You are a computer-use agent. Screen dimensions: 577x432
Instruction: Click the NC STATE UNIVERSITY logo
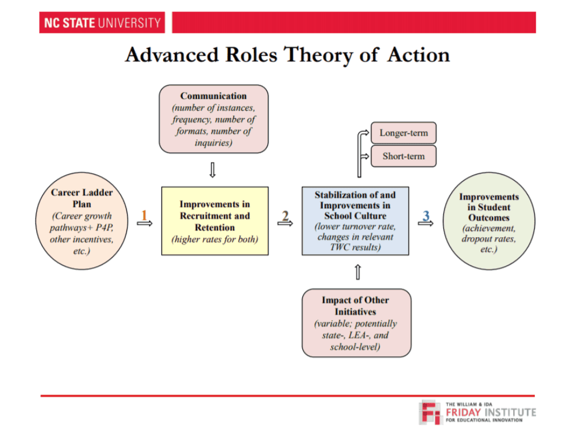pyautogui.click(x=102, y=23)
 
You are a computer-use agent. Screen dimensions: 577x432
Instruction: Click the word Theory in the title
pyautogui.click(x=318, y=55)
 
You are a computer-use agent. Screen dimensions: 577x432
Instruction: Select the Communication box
pyautogui.click(x=213, y=119)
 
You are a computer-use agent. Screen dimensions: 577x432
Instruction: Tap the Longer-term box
pyautogui.click(x=404, y=133)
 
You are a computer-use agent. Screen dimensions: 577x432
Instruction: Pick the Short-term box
pyautogui.click(x=404, y=156)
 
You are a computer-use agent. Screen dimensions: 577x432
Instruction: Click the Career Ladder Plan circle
pyautogui.click(x=82, y=221)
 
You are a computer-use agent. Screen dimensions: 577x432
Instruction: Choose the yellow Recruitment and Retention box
pyautogui.click(x=215, y=221)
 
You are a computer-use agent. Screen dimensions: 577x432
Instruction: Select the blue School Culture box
pyautogui.click(x=355, y=221)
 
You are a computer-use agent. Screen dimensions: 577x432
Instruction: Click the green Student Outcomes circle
pyautogui.click(x=488, y=221)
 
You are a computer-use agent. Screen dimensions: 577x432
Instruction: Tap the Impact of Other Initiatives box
pyautogui.click(x=356, y=323)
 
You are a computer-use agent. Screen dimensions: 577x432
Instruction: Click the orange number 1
pyautogui.click(x=144, y=215)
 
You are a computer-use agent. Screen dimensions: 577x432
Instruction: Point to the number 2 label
pyautogui.click(x=285, y=215)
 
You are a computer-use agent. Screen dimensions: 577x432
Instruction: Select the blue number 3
pyautogui.click(x=426, y=215)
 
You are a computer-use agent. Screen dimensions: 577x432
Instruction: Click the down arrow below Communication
pyautogui.click(x=212, y=170)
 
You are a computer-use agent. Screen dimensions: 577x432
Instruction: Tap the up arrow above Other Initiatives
pyautogui.click(x=358, y=272)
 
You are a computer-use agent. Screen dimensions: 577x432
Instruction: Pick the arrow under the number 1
pyautogui.click(x=144, y=224)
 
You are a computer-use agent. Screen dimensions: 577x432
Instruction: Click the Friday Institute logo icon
pyautogui.click(x=430, y=412)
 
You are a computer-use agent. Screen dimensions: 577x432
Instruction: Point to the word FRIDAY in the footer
pyautogui.click(x=463, y=412)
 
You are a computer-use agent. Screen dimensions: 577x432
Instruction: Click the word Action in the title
pyautogui.click(x=419, y=55)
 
